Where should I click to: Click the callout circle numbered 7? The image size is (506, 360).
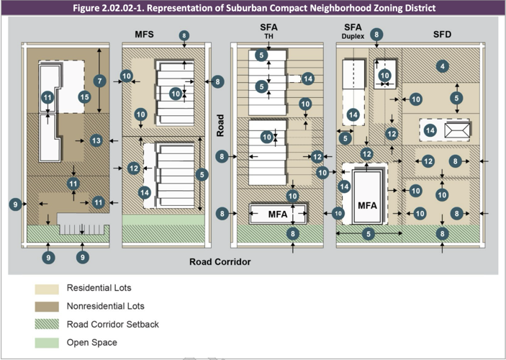pyautogui.click(x=100, y=81)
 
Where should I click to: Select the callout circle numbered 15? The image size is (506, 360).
pyautogui.click(x=84, y=97)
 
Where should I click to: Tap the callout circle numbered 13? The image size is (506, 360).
pyautogui.click(x=96, y=140)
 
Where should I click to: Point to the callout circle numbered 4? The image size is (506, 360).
pyautogui.click(x=443, y=66)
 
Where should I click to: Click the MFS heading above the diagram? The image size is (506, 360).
pyautogui.click(x=144, y=35)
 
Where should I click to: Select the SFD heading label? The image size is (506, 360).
pyautogui.click(x=442, y=35)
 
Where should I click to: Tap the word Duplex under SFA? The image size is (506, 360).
pyautogui.click(x=353, y=37)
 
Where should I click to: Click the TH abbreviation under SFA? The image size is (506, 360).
pyautogui.click(x=268, y=36)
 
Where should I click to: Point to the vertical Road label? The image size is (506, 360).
pyautogui.click(x=220, y=125)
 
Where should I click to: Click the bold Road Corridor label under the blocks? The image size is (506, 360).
pyautogui.click(x=220, y=261)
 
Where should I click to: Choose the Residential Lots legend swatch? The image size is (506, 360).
pyautogui.click(x=47, y=289)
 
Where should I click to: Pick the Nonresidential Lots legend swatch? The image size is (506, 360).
pyautogui.click(x=47, y=307)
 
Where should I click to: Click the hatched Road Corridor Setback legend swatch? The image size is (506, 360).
pyautogui.click(x=47, y=324)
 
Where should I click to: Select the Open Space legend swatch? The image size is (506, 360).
pyautogui.click(x=47, y=343)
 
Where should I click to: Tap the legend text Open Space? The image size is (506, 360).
pyautogui.click(x=92, y=342)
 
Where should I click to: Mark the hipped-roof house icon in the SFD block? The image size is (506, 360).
pyautogui.click(x=457, y=130)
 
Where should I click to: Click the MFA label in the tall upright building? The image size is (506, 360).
pyautogui.click(x=367, y=205)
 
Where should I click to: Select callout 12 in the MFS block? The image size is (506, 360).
pyautogui.click(x=134, y=168)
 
